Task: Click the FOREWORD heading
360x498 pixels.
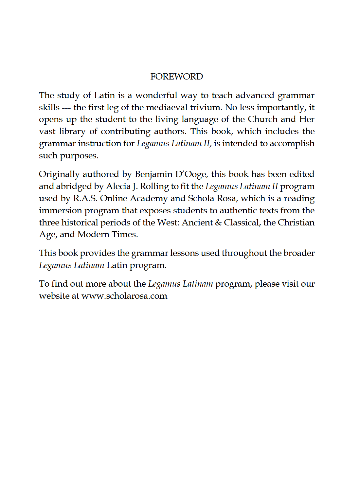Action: pyautogui.click(x=176, y=76)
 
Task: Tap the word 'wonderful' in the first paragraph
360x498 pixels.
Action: pyautogui.click(x=156, y=95)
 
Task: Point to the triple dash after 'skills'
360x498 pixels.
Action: pyautogui.click(x=66, y=107)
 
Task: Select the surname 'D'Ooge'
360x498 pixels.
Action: pyautogui.click(x=191, y=174)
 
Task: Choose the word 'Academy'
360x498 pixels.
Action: pyautogui.click(x=149, y=198)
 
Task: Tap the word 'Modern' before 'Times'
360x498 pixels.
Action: pyautogui.click(x=93, y=234)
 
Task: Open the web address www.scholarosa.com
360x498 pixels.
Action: pyautogui.click(x=124, y=296)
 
